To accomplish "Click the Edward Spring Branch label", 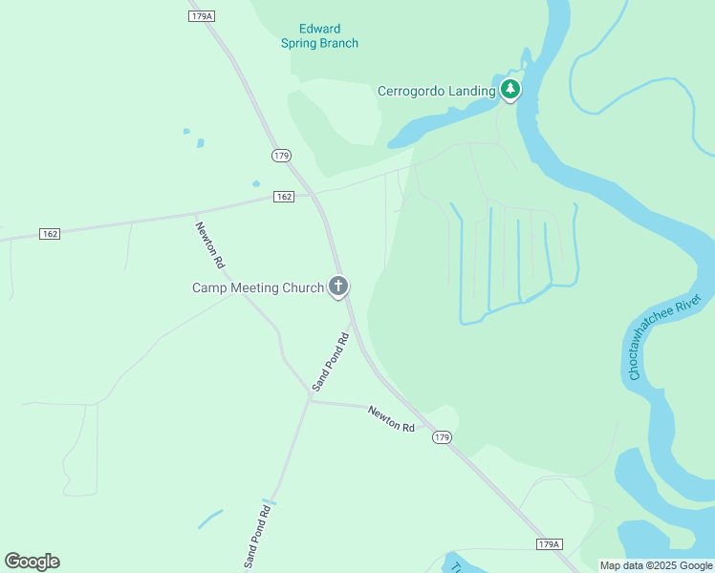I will [319, 36].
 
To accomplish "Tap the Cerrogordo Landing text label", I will [436, 92].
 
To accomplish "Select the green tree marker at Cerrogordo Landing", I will [511, 90].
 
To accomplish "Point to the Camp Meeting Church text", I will [258, 287].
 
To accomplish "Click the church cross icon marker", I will [337, 286].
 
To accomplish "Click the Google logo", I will [32, 562].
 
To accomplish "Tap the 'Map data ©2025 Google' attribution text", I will [655, 565].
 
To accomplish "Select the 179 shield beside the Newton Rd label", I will [441, 437].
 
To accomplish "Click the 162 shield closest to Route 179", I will [283, 197].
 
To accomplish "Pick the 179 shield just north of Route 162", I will [280, 155].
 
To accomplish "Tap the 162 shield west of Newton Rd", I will [50, 234].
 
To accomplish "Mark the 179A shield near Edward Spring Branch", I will [200, 16].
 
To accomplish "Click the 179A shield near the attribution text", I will [548, 544].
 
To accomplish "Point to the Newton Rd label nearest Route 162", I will [209, 244].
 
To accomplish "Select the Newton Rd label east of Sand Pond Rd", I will [392, 418].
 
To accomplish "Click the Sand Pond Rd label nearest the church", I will [331, 360].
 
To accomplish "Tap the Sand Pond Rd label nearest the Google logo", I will [257, 535].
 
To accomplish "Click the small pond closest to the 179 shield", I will [256, 183].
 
